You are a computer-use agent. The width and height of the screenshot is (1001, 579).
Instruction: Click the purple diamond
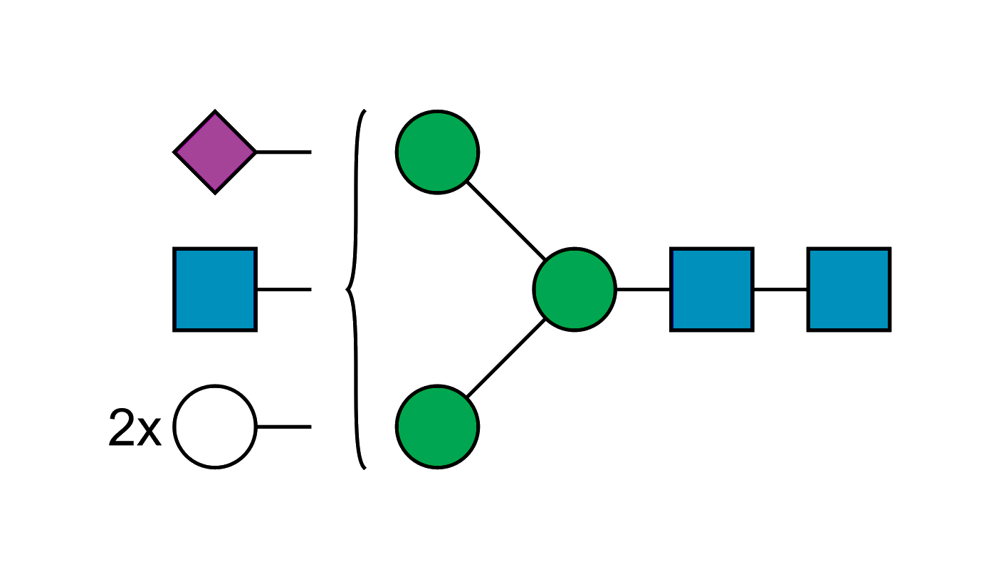[215, 152]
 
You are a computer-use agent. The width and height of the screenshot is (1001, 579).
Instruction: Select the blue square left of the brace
[214, 289]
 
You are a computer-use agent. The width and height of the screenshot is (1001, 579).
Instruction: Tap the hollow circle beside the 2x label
[214, 427]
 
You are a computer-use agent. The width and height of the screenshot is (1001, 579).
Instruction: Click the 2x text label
[135, 428]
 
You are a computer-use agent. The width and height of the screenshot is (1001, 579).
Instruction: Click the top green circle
[437, 152]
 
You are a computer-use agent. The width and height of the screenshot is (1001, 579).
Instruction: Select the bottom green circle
[437, 427]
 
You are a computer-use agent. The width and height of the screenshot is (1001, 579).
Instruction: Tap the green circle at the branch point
[574, 289]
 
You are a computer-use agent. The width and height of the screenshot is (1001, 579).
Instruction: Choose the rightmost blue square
[849, 289]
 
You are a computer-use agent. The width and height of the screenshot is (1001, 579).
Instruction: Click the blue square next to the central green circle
[712, 289]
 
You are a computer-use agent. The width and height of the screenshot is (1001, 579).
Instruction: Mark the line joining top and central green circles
[505, 221]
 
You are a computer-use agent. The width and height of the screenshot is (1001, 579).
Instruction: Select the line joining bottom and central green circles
[505, 358]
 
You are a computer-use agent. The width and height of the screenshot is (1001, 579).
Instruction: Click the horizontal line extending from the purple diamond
[283, 152]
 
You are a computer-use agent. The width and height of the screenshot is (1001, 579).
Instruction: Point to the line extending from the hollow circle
[283, 426]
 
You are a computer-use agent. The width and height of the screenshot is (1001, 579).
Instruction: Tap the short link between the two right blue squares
[780, 290]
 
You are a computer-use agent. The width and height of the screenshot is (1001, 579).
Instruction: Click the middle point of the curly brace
[347, 289]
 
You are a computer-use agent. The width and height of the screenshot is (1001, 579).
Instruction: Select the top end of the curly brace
[364, 111]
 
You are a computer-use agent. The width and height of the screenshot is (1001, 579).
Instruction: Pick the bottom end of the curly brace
[364, 468]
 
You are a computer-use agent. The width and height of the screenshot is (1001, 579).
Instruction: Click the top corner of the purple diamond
[215, 112]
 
